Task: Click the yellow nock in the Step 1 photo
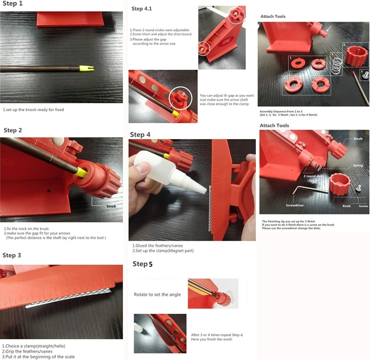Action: click(x=86, y=68)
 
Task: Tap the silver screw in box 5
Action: click(x=365, y=75)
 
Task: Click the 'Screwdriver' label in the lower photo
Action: click(x=295, y=205)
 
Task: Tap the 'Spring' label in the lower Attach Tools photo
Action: click(x=358, y=165)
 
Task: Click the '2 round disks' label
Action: click(x=314, y=176)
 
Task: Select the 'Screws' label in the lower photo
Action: click(x=363, y=206)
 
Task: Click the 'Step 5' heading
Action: click(x=142, y=264)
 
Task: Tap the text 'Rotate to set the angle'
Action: click(x=157, y=295)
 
